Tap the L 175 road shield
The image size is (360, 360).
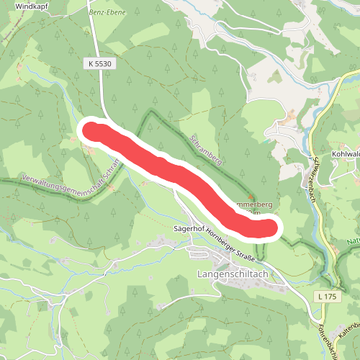tap(325, 297)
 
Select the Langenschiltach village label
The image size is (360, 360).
tap(232, 274)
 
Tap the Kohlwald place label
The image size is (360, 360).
tap(346, 153)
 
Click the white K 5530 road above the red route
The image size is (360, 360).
tap(100, 94)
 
